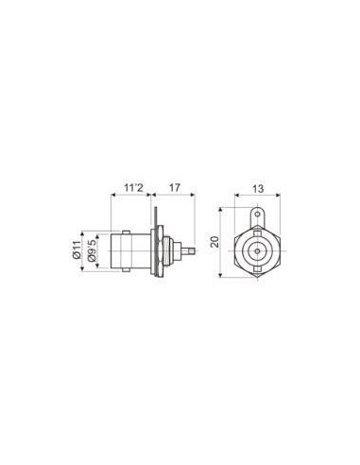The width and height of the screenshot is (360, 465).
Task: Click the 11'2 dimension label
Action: click(133, 188)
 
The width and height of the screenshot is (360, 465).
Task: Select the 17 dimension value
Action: click(175, 188)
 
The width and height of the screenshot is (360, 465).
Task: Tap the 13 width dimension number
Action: click(258, 189)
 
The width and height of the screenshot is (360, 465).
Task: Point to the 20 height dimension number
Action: click(214, 242)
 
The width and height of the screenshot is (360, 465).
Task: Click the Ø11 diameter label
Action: click(77, 250)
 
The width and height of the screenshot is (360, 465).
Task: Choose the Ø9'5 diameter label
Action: click(92, 250)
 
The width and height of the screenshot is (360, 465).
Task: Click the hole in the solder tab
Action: click(258, 215)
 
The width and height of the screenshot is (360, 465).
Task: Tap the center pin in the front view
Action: click(258, 251)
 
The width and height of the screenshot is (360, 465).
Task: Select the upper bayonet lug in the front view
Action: click(258, 234)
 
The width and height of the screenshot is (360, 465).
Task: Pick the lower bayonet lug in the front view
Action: click(258, 268)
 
